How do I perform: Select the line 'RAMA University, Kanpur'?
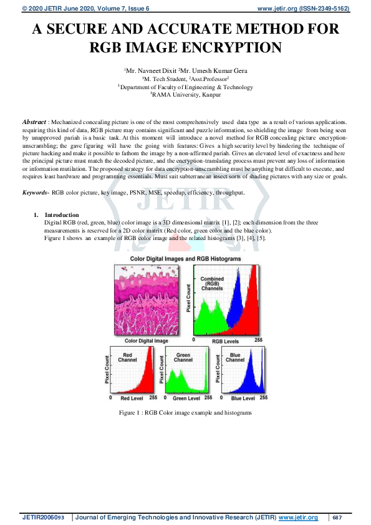coord(186,95)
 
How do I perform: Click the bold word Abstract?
coord(34,122)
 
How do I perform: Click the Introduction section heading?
coord(62,214)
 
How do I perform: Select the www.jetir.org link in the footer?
coord(298,518)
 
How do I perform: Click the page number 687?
coord(337,518)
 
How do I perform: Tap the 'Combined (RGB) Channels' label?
coord(212,284)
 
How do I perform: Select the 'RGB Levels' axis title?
coord(225,342)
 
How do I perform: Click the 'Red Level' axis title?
coord(132,398)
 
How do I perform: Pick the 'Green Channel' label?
coord(183,357)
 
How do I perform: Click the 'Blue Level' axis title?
coord(243,398)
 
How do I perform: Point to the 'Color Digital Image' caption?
coord(147,341)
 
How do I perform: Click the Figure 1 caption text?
coord(185,413)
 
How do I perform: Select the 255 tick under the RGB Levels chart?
coord(258,340)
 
